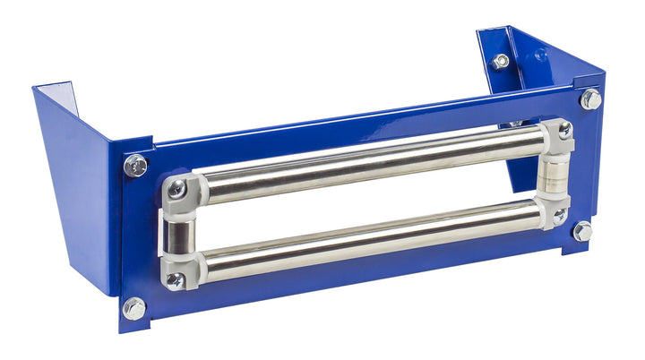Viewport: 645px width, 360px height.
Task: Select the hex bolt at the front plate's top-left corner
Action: (x=135, y=166)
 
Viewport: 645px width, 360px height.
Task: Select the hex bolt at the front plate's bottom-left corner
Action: (x=133, y=308)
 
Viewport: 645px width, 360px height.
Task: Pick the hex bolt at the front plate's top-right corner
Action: (x=590, y=99)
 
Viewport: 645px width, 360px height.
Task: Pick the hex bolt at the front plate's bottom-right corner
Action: (x=582, y=231)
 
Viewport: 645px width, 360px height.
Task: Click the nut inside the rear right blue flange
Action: (x=500, y=62)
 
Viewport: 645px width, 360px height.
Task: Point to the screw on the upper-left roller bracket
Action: (x=176, y=189)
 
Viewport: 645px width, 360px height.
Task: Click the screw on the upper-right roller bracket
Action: (x=564, y=130)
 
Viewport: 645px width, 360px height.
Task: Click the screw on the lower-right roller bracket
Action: (x=559, y=216)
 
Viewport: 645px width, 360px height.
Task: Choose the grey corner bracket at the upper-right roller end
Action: (x=557, y=134)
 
